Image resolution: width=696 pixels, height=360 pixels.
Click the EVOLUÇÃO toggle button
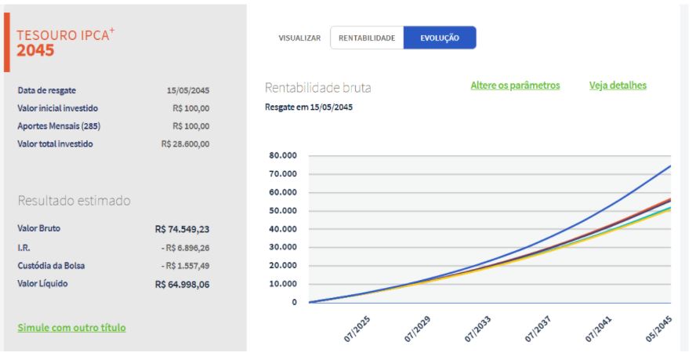coord(439,38)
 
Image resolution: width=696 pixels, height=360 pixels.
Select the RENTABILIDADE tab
coord(367,38)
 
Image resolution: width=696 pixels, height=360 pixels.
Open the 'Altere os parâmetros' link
coord(515,85)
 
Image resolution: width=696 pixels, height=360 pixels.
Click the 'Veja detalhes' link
coord(618,85)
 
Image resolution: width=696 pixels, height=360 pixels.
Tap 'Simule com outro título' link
coord(71,327)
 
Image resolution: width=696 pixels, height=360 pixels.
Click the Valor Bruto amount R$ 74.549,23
coord(182,229)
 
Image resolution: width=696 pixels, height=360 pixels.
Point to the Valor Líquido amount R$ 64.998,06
coord(182,284)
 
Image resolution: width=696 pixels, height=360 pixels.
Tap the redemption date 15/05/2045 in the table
coord(188,90)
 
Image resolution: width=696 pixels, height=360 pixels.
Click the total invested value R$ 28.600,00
coord(185,144)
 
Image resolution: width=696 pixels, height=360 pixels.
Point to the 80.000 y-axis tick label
coord(282,155)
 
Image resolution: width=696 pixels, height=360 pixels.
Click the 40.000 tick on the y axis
coord(282,229)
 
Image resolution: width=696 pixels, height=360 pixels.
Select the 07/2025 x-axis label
coord(356,329)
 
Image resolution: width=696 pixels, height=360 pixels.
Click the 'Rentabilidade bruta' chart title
coord(317,87)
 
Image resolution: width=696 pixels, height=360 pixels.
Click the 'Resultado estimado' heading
coord(74,201)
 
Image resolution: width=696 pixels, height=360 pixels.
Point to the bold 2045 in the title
coord(35,51)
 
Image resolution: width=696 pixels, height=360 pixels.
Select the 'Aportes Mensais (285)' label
coord(59,126)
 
